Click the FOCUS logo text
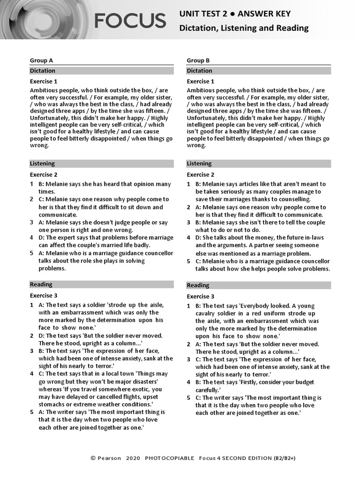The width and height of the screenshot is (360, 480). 130,21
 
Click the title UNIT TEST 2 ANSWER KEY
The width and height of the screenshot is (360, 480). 235,14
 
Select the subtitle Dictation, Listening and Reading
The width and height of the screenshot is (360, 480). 244,28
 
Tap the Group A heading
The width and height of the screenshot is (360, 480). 41,60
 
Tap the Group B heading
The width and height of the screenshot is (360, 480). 198,60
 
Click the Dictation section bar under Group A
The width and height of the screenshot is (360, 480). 101,71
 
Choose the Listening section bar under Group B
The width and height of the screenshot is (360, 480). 259,164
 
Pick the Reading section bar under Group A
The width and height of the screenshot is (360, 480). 101,285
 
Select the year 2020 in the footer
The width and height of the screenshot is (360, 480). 133,458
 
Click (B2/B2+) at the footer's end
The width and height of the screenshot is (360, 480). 285,458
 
